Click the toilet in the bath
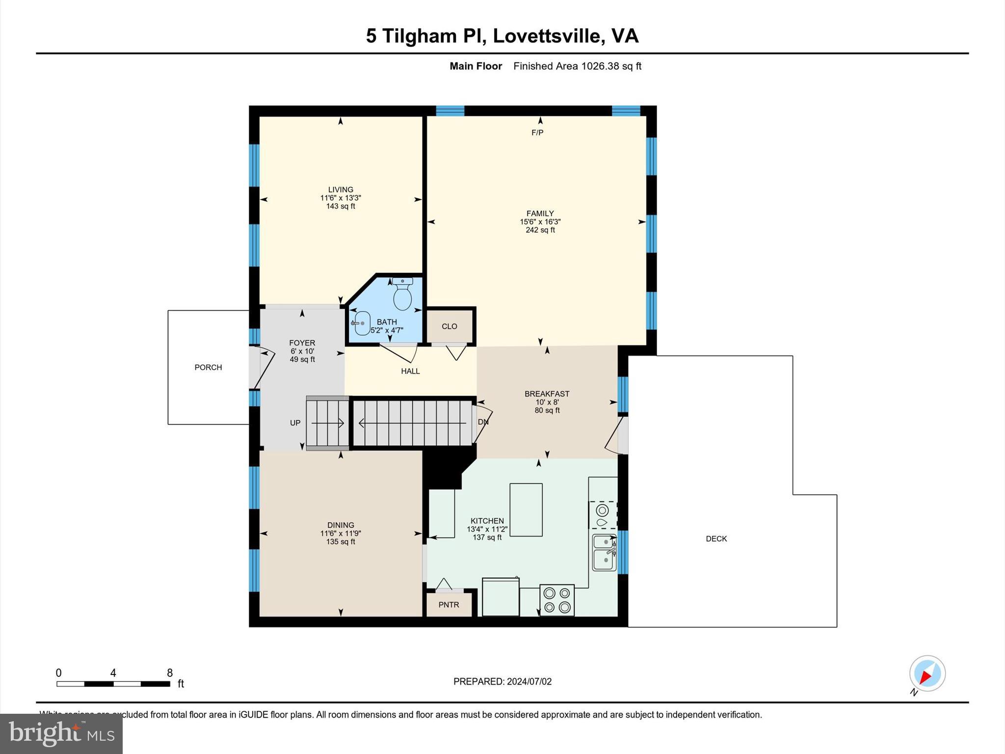click(x=402, y=295)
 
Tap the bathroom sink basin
click(x=362, y=323)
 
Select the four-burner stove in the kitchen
click(x=557, y=600)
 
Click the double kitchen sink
click(x=604, y=552)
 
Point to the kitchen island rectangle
click(x=526, y=510)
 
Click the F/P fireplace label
click(x=537, y=133)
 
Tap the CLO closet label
click(x=449, y=326)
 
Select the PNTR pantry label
click(x=449, y=605)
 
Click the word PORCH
click(x=208, y=367)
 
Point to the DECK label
click(x=716, y=539)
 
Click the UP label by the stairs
click(x=295, y=423)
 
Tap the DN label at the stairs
click(x=483, y=422)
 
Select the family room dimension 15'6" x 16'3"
click(x=540, y=222)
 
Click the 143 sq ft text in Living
click(x=341, y=206)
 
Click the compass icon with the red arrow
click(x=927, y=673)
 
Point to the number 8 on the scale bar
click(x=170, y=673)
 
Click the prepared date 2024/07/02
click(x=529, y=681)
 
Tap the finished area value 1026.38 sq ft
click(x=611, y=66)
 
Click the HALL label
click(x=410, y=371)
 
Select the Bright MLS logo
click(x=61, y=733)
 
